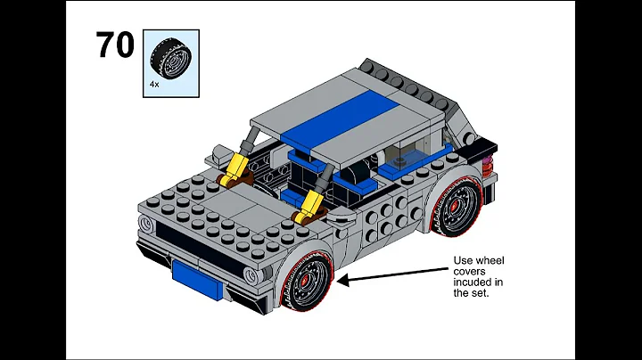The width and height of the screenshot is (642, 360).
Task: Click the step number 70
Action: click(x=114, y=45)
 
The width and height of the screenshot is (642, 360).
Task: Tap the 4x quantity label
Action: click(x=154, y=84)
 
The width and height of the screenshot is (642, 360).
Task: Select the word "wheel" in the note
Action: click(x=490, y=261)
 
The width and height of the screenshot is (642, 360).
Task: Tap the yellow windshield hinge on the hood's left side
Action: click(x=237, y=167)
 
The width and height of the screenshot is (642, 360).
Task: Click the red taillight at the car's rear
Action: click(x=487, y=165)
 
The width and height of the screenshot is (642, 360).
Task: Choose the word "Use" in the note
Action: click(x=464, y=261)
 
